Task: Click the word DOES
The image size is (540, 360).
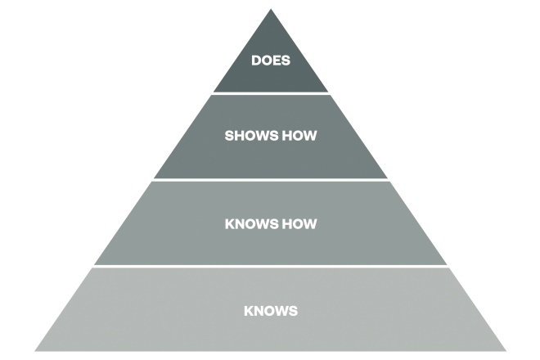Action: click(270, 61)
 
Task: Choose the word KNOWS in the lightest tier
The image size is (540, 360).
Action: click(270, 311)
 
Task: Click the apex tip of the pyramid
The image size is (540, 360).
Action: click(270, 10)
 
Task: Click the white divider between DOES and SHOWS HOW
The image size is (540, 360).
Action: click(270, 93)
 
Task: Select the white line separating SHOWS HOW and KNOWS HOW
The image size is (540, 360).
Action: click(270, 180)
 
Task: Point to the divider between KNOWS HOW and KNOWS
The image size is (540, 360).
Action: click(270, 267)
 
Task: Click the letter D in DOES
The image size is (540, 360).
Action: click(255, 61)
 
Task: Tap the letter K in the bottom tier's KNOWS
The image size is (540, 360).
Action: click(248, 311)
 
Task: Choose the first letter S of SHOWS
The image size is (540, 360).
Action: click(229, 136)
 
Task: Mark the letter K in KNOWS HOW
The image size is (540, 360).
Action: click(228, 223)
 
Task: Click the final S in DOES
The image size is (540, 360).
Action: click(286, 61)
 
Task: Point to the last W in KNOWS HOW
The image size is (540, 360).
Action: click(310, 223)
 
